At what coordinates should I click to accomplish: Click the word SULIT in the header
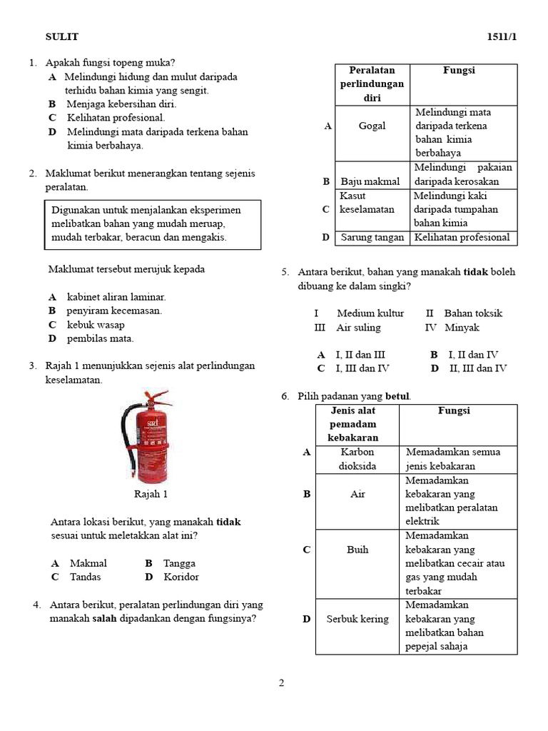click(x=62, y=36)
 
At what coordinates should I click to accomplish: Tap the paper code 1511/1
click(x=501, y=36)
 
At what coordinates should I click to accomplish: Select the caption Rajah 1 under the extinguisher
click(x=151, y=493)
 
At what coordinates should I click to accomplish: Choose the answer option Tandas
click(x=85, y=577)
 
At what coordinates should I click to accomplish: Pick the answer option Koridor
click(x=181, y=577)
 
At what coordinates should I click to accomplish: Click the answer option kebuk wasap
click(x=96, y=325)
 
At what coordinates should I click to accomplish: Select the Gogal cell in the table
click(x=372, y=126)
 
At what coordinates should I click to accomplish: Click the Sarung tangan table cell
click(x=372, y=238)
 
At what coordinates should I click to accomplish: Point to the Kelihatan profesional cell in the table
click(x=462, y=238)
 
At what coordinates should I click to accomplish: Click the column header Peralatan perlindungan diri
click(x=372, y=84)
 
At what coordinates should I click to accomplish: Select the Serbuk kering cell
click(x=357, y=619)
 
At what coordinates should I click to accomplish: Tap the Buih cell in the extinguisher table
click(x=357, y=550)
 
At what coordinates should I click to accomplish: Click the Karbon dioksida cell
click(x=357, y=459)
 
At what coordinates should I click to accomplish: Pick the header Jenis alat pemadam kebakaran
click(x=357, y=424)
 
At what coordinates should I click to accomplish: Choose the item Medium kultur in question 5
click(x=370, y=313)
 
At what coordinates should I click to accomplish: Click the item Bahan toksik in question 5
click(x=473, y=313)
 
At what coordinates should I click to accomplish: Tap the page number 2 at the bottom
click(x=281, y=683)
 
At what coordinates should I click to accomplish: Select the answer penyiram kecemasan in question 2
click(x=114, y=311)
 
